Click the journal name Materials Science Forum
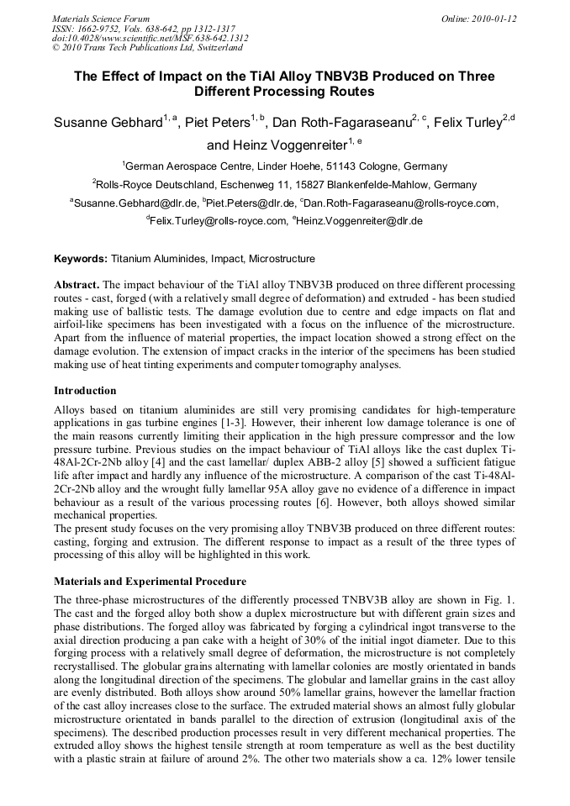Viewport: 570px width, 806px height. pos(101,18)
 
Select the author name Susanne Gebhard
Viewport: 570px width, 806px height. pos(108,123)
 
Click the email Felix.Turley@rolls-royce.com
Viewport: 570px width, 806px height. pos(215,221)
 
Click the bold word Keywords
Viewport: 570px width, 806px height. pos(81,259)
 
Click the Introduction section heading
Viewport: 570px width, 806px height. pos(85,391)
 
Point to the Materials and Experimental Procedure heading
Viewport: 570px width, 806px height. pos(150,581)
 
